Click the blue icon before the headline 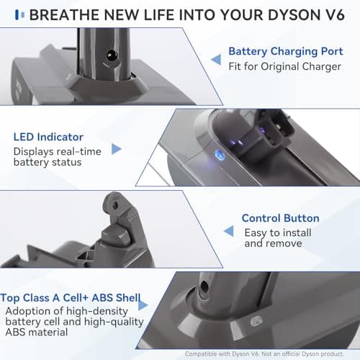click(x=19, y=14)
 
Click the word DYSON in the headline click(x=294, y=15)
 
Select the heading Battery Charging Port click(x=286, y=52)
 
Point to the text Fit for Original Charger click(x=284, y=67)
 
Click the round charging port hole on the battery click(x=112, y=55)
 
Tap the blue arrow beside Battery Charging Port click(x=216, y=59)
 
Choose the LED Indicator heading click(x=48, y=137)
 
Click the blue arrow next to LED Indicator click(x=117, y=149)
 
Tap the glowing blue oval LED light click(x=220, y=155)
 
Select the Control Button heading click(x=281, y=218)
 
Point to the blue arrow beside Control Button click(x=228, y=231)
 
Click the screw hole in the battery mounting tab click(x=115, y=205)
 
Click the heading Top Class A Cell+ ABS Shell click(x=71, y=298)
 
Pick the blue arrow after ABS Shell click(x=143, y=305)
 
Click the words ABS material click(x=37, y=333)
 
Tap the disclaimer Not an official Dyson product click(x=302, y=354)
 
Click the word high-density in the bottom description click(x=96, y=311)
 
